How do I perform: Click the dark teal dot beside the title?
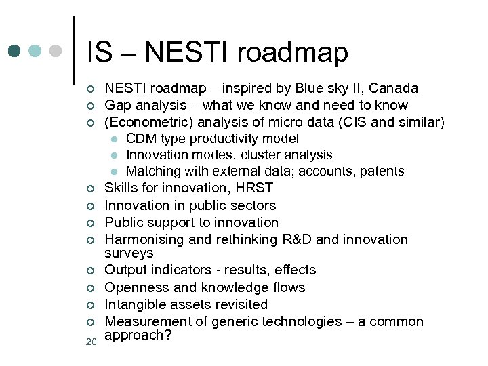[15, 51]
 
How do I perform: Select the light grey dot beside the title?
[56, 51]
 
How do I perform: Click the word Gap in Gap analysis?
[118, 105]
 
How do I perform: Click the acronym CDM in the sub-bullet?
[140, 139]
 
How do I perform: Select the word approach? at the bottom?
[136, 335]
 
